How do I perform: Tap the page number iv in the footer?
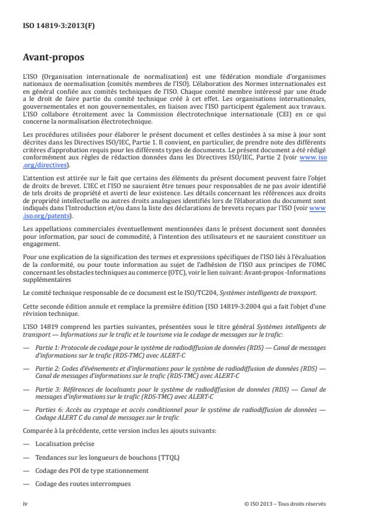point(25,504)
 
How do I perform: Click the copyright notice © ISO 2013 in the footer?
point(285,504)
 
